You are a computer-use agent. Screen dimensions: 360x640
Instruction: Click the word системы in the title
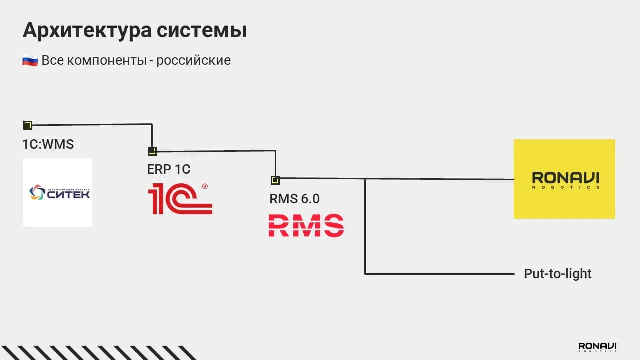pos(202,31)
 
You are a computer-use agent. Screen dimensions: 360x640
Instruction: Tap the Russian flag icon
pos(30,61)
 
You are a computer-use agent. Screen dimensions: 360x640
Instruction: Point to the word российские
pos(193,61)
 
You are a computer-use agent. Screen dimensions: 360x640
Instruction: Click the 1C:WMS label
pos(48,144)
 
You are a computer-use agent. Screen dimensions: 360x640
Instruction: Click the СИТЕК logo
pos(57,192)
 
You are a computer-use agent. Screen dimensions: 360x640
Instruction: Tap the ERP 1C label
pos(168,169)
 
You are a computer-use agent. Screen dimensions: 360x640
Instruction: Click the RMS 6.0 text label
pos(294,199)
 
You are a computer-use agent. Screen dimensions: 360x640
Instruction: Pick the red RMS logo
pos(306,225)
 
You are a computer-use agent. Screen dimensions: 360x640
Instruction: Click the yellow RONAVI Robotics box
pos(564,179)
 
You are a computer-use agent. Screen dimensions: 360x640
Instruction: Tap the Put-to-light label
pos(557,274)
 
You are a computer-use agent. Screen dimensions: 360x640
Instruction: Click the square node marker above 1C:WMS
pos(28,125)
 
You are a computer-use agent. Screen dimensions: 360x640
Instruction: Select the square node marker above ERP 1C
pos(152,151)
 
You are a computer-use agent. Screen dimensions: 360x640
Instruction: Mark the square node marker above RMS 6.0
pos(275,180)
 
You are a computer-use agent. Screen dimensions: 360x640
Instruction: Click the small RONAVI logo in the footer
pos(597,347)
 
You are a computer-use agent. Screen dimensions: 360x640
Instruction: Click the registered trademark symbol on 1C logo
pos(204,186)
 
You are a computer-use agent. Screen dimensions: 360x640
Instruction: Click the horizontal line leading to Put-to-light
pos(440,274)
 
